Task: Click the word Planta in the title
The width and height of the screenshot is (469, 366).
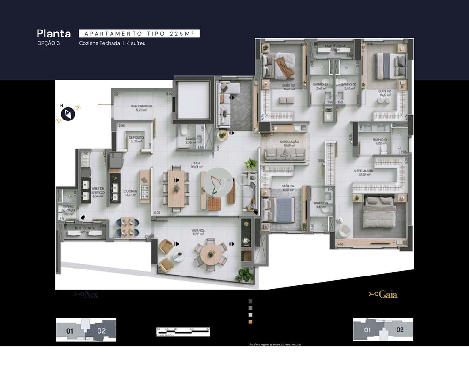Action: click(x=53, y=34)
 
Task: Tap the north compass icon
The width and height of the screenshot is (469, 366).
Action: click(x=68, y=114)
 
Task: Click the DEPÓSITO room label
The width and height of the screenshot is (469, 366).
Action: click(x=136, y=139)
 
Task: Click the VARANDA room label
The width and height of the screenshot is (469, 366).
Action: click(x=197, y=232)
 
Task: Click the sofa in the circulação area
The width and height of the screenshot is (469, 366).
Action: click(x=285, y=154)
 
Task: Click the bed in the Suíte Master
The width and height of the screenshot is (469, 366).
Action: click(x=379, y=214)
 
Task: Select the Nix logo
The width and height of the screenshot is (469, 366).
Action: click(x=86, y=295)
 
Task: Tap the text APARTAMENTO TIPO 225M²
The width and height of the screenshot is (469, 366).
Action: click(x=139, y=34)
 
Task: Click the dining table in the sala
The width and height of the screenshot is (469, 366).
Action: click(x=176, y=187)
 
